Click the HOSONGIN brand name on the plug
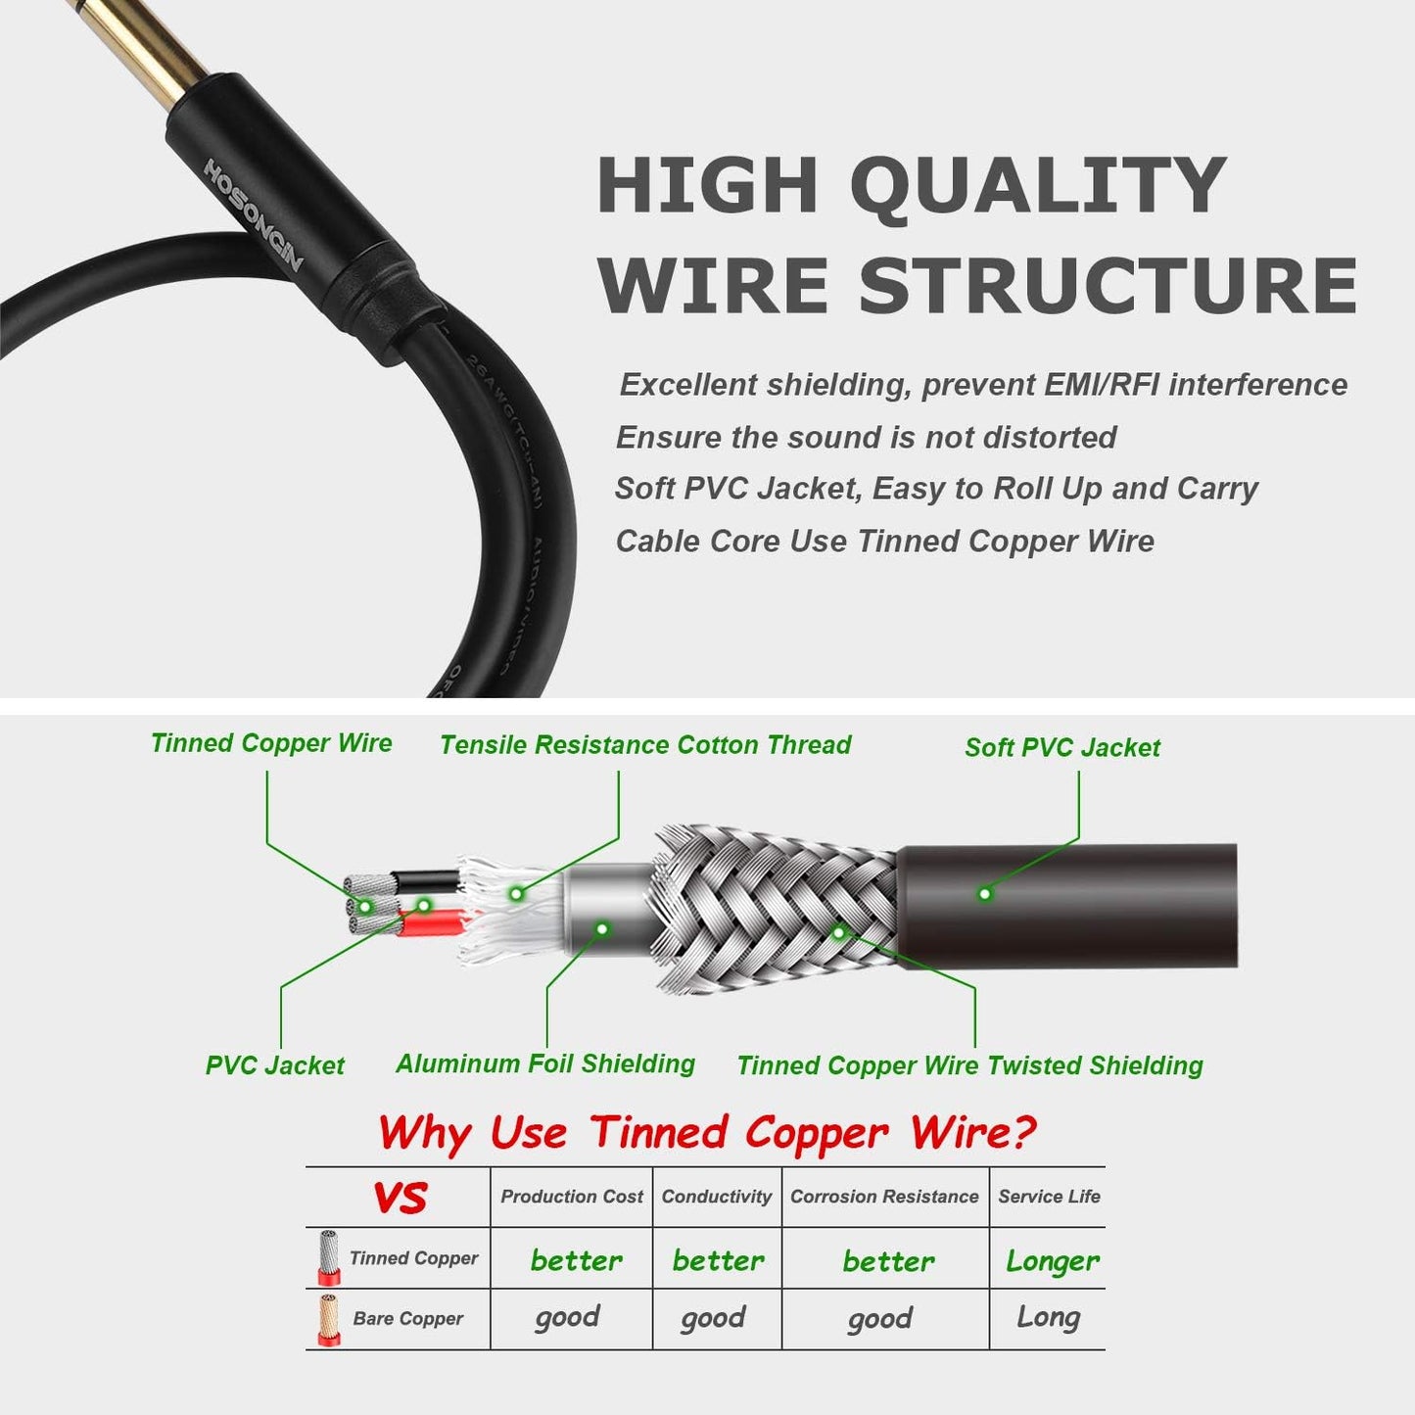[x=254, y=214]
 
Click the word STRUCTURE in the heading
[x=1108, y=285]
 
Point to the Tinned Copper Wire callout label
[x=271, y=743]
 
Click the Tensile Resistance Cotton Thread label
[x=645, y=745]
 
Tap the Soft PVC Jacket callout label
[x=1061, y=748]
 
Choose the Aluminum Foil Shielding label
[x=545, y=1064]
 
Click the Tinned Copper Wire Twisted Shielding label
[x=969, y=1066]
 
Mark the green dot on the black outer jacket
[x=985, y=893]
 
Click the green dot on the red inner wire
[x=424, y=905]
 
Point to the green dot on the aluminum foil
[x=602, y=928]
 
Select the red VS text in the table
[x=401, y=1198]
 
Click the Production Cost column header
[x=572, y=1197]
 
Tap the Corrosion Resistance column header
[x=884, y=1197]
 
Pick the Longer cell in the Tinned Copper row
[x=1053, y=1261]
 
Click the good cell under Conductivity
[x=714, y=1319]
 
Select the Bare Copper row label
[x=408, y=1319]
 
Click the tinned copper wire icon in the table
[x=328, y=1257]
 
